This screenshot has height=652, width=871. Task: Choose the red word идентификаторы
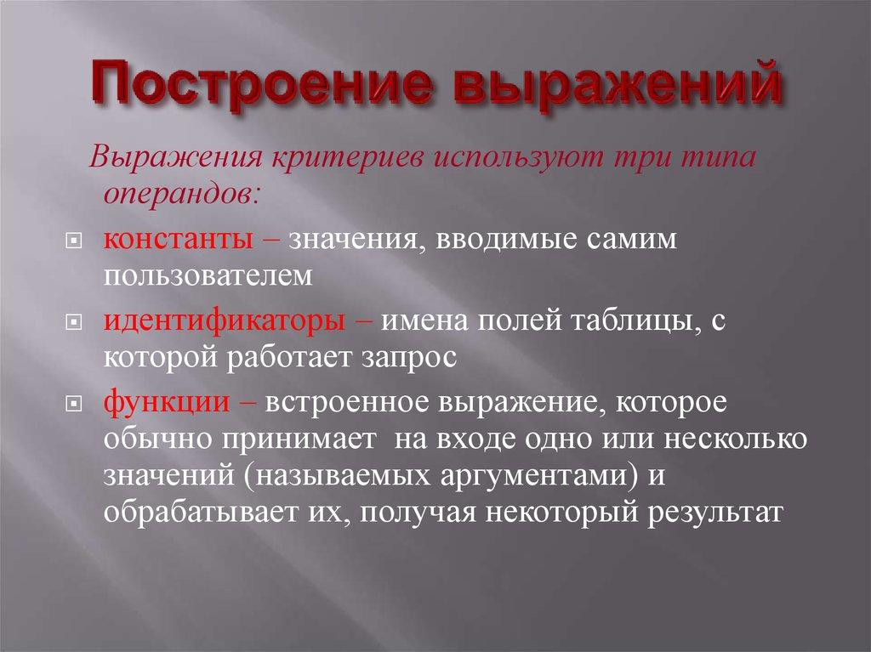click(x=225, y=321)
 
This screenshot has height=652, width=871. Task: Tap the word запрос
click(x=409, y=357)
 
